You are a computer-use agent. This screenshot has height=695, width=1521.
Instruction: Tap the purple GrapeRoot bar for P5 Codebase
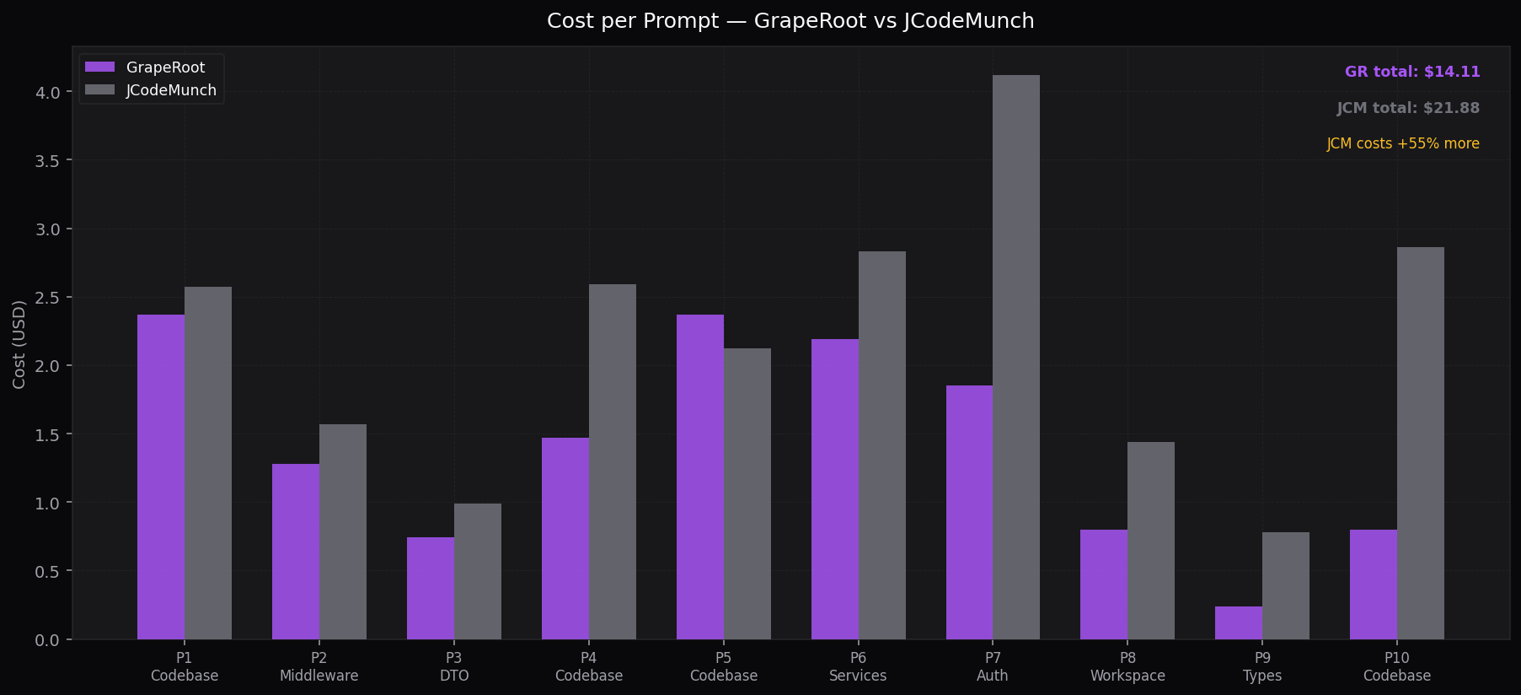[699, 477]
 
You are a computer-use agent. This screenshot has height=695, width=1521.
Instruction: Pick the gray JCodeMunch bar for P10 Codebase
[1420, 443]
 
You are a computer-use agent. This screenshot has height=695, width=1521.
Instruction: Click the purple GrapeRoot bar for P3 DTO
[431, 588]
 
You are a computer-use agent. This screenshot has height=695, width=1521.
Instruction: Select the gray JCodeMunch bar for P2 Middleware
[343, 531]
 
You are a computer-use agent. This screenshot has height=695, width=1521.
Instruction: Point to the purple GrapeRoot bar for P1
[161, 477]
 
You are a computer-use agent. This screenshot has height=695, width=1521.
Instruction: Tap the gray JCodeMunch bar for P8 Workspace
[1150, 540]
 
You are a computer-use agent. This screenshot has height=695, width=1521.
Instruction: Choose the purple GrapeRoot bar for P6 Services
[834, 489]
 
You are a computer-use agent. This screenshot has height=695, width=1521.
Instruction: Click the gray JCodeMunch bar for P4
[613, 461]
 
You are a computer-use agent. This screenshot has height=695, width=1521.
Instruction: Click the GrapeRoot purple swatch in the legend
[99, 67]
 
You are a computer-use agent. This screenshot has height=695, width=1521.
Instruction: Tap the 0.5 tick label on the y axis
[48, 571]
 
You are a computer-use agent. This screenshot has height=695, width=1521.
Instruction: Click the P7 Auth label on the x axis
[993, 666]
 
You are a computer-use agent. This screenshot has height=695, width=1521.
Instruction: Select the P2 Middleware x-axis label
[319, 666]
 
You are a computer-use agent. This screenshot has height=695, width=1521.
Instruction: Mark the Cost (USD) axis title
[19, 344]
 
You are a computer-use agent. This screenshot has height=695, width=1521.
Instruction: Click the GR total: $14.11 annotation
[1411, 72]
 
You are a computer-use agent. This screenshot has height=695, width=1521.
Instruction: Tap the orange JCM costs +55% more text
[1402, 143]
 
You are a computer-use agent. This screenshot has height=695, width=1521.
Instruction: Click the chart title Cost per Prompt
[790, 20]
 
